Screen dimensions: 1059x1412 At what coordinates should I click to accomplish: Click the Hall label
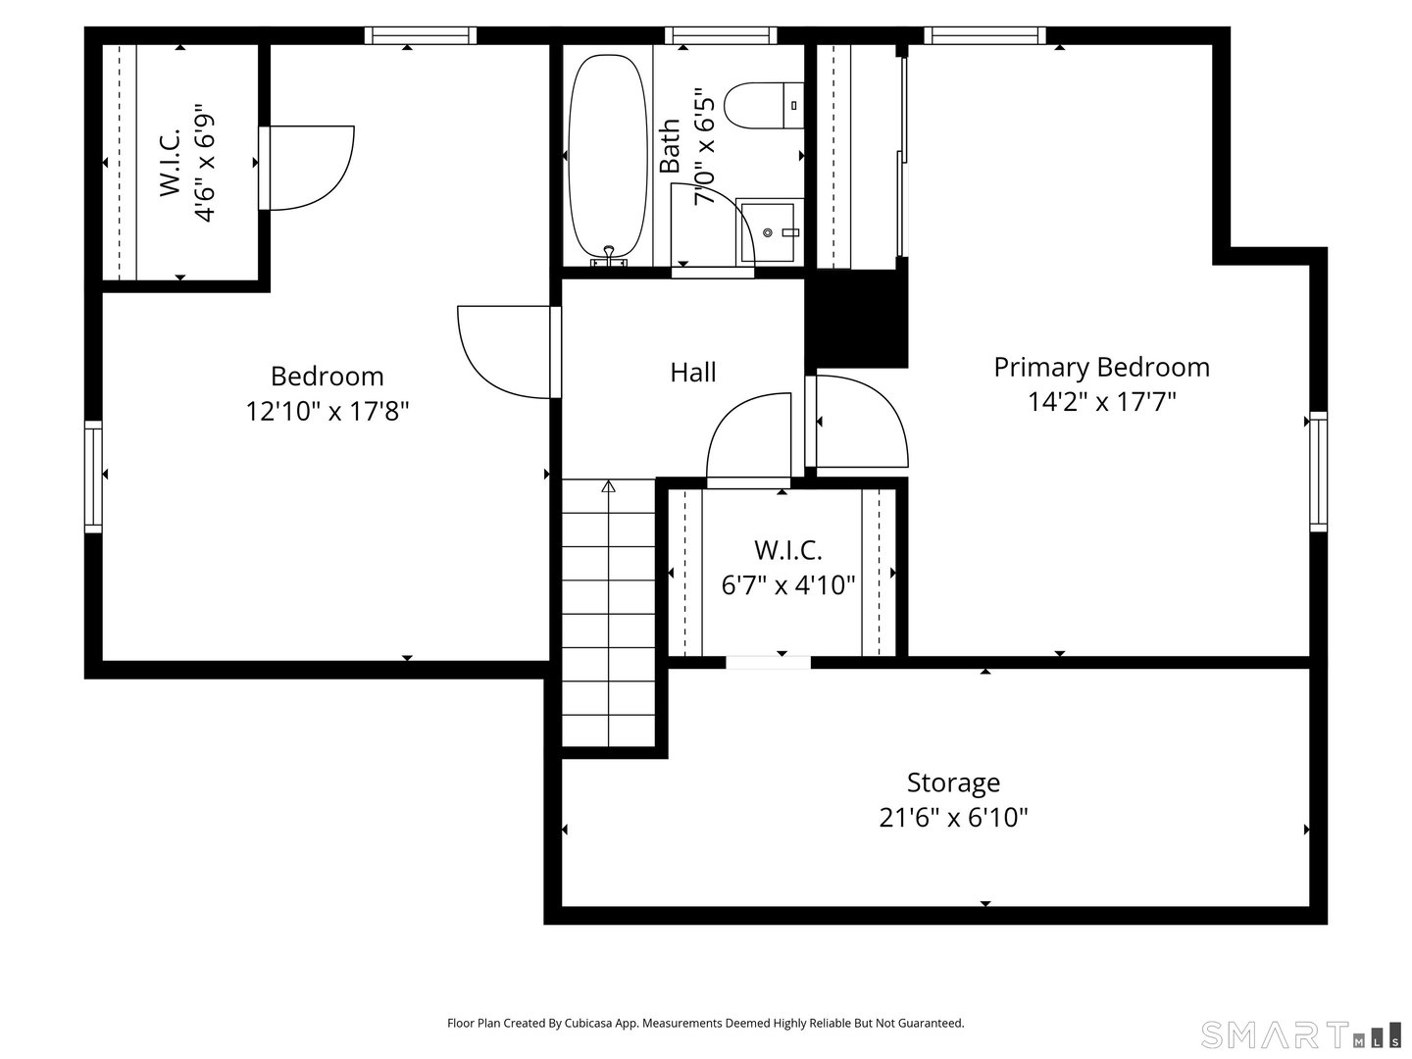coord(693,373)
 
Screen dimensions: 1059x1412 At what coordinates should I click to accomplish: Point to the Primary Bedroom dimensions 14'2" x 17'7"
coord(1101,402)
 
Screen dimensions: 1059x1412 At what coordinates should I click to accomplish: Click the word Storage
coord(953,782)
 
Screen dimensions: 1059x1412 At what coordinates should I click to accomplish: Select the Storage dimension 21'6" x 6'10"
coord(953,818)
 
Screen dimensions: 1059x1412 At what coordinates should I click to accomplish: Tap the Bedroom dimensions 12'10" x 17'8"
coord(327,411)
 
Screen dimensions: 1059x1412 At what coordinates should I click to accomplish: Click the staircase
coord(608,618)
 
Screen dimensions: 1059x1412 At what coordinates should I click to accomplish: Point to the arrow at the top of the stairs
coord(608,486)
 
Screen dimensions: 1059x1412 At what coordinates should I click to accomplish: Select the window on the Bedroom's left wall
coord(93,476)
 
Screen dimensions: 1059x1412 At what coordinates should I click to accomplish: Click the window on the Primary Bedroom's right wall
coord(1319,472)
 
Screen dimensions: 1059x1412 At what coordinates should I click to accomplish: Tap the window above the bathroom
coord(720,36)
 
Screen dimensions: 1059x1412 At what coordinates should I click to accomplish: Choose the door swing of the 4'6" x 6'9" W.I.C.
coord(309,167)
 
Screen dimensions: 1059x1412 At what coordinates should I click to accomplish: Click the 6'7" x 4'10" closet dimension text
coord(788,585)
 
